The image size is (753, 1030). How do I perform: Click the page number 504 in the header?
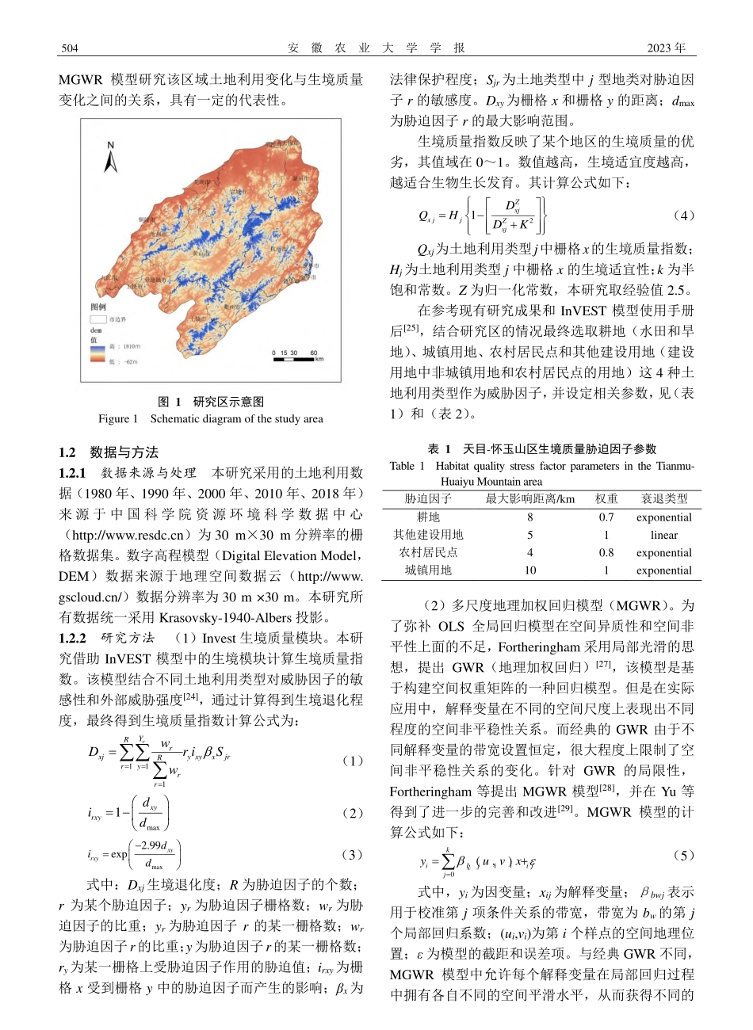69,48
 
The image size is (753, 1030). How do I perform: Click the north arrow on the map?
111,158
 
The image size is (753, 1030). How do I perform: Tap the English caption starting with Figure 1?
210,418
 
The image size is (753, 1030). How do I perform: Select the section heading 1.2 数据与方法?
109,452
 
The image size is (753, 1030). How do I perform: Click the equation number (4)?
682,216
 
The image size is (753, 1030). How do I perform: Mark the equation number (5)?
682,855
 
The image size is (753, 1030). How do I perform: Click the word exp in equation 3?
119,854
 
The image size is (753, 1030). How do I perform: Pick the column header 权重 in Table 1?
606,499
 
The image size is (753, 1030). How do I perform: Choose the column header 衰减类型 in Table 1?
664,499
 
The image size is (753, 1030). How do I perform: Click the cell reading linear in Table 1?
664,535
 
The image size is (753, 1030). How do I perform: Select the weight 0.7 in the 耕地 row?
606,517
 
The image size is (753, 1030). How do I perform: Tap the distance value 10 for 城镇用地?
530,570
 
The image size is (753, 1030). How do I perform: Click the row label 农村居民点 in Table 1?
428,553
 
